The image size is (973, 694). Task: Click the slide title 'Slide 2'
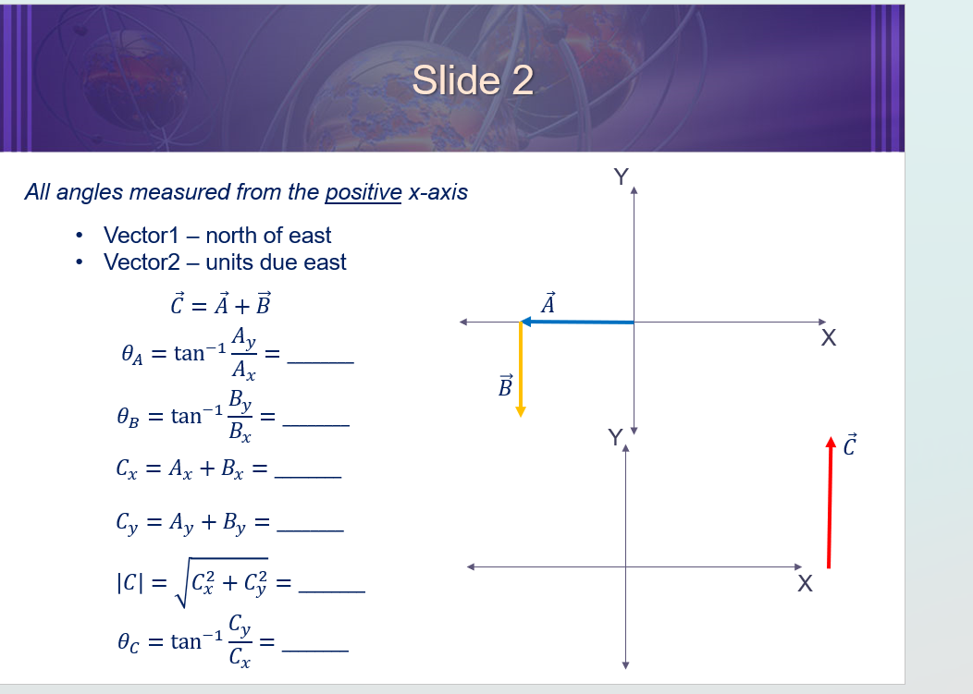coord(473,80)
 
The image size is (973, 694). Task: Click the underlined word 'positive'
coord(363,192)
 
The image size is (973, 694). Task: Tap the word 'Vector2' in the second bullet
coord(142,262)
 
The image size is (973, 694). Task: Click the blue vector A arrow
coord(577,322)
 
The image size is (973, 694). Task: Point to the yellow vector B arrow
coord(521,370)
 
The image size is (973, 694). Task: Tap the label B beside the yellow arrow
coord(505,385)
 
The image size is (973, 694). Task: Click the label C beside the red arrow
coord(852,444)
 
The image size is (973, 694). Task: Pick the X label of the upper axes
coord(828,339)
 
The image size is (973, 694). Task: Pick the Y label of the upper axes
coord(621,176)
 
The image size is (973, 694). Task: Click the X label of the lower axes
coord(805,584)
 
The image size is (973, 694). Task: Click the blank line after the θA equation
coord(320,362)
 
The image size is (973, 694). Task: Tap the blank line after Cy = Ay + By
coord(310,530)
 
